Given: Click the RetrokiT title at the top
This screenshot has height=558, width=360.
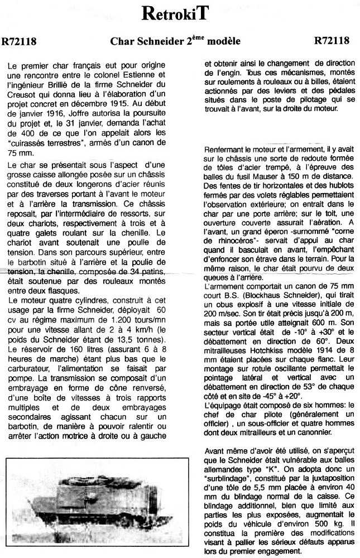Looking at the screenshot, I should [x=180, y=14].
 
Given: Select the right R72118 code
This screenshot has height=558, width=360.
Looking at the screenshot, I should [x=332, y=41].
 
